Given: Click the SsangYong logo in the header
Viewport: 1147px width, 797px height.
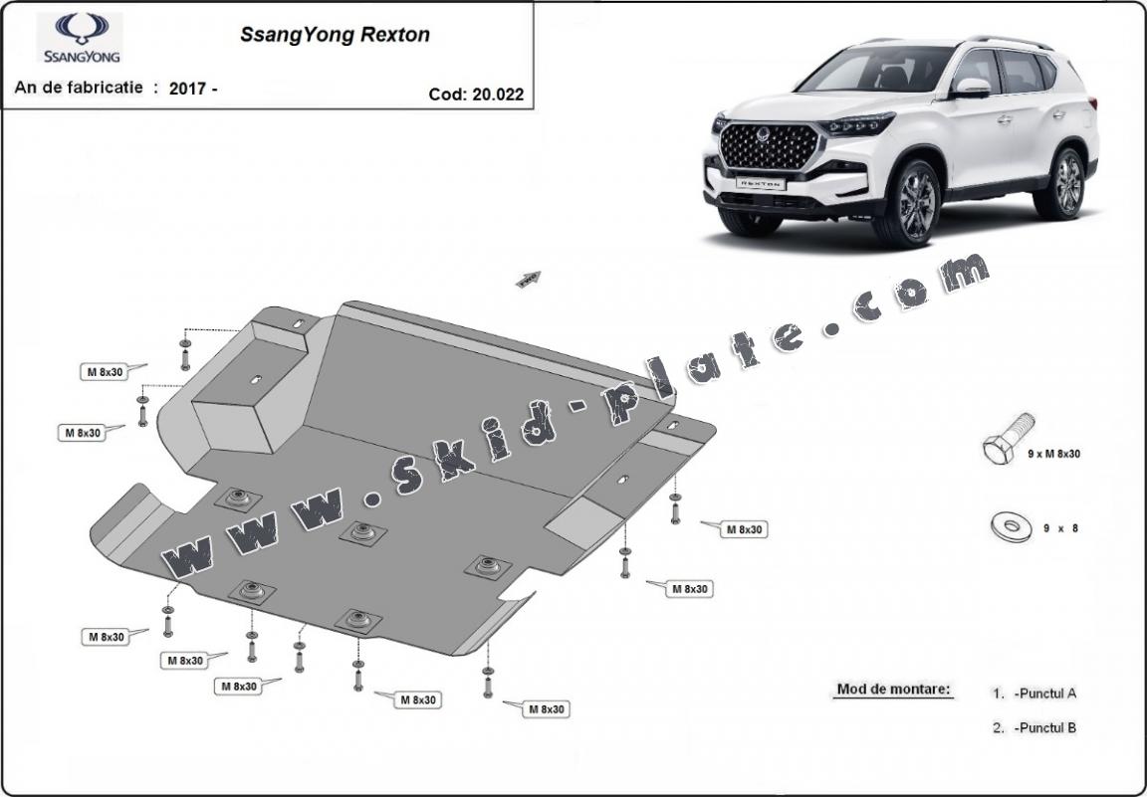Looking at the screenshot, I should [80, 38].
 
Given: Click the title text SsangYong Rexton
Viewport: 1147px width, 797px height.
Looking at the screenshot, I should [335, 35].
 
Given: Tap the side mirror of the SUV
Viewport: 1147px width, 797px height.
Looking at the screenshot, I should [971, 88].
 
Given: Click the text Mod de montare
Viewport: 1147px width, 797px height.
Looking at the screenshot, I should [893, 689].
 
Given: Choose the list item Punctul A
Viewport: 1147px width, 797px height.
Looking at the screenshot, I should [1044, 694].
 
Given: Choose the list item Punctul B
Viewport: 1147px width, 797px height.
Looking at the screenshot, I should [1044, 727].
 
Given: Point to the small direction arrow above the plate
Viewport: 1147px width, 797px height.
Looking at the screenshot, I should [527, 279].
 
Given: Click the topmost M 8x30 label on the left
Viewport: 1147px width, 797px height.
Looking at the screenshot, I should [105, 372].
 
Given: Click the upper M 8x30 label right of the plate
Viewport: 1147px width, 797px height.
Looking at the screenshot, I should [744, 529].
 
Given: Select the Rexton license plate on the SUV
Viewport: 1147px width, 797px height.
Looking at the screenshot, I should [760, 184].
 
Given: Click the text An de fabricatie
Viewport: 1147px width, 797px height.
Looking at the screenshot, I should [80, 88].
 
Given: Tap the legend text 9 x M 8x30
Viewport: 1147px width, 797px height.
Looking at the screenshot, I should [1053, 454].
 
